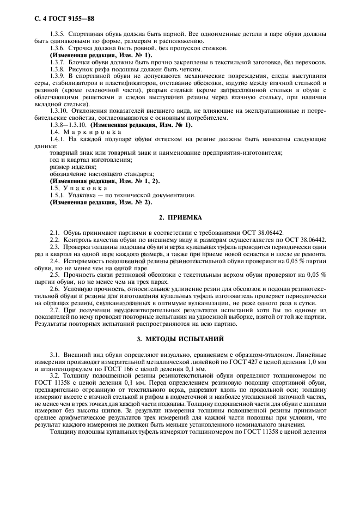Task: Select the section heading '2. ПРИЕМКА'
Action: click(180, 217)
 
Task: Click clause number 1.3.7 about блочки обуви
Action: click(58, 63)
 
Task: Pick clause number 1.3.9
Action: click(58, 76)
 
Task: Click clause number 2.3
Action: click(54, 245)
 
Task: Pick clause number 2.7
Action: click(54, 309)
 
